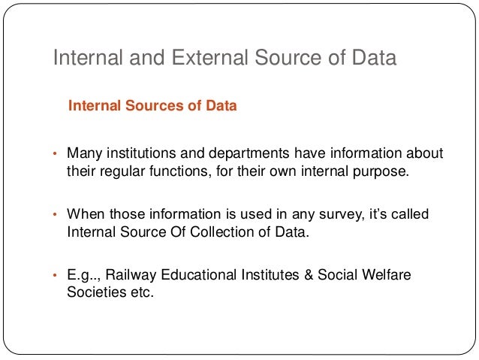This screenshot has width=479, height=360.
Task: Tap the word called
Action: pos(409,215)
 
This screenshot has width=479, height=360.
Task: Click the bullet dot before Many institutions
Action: pos(54,155)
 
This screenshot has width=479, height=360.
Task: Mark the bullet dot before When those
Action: pos(54,216)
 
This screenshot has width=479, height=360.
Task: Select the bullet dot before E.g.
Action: pos(54,277)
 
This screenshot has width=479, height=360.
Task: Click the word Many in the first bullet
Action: pos(82,154)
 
